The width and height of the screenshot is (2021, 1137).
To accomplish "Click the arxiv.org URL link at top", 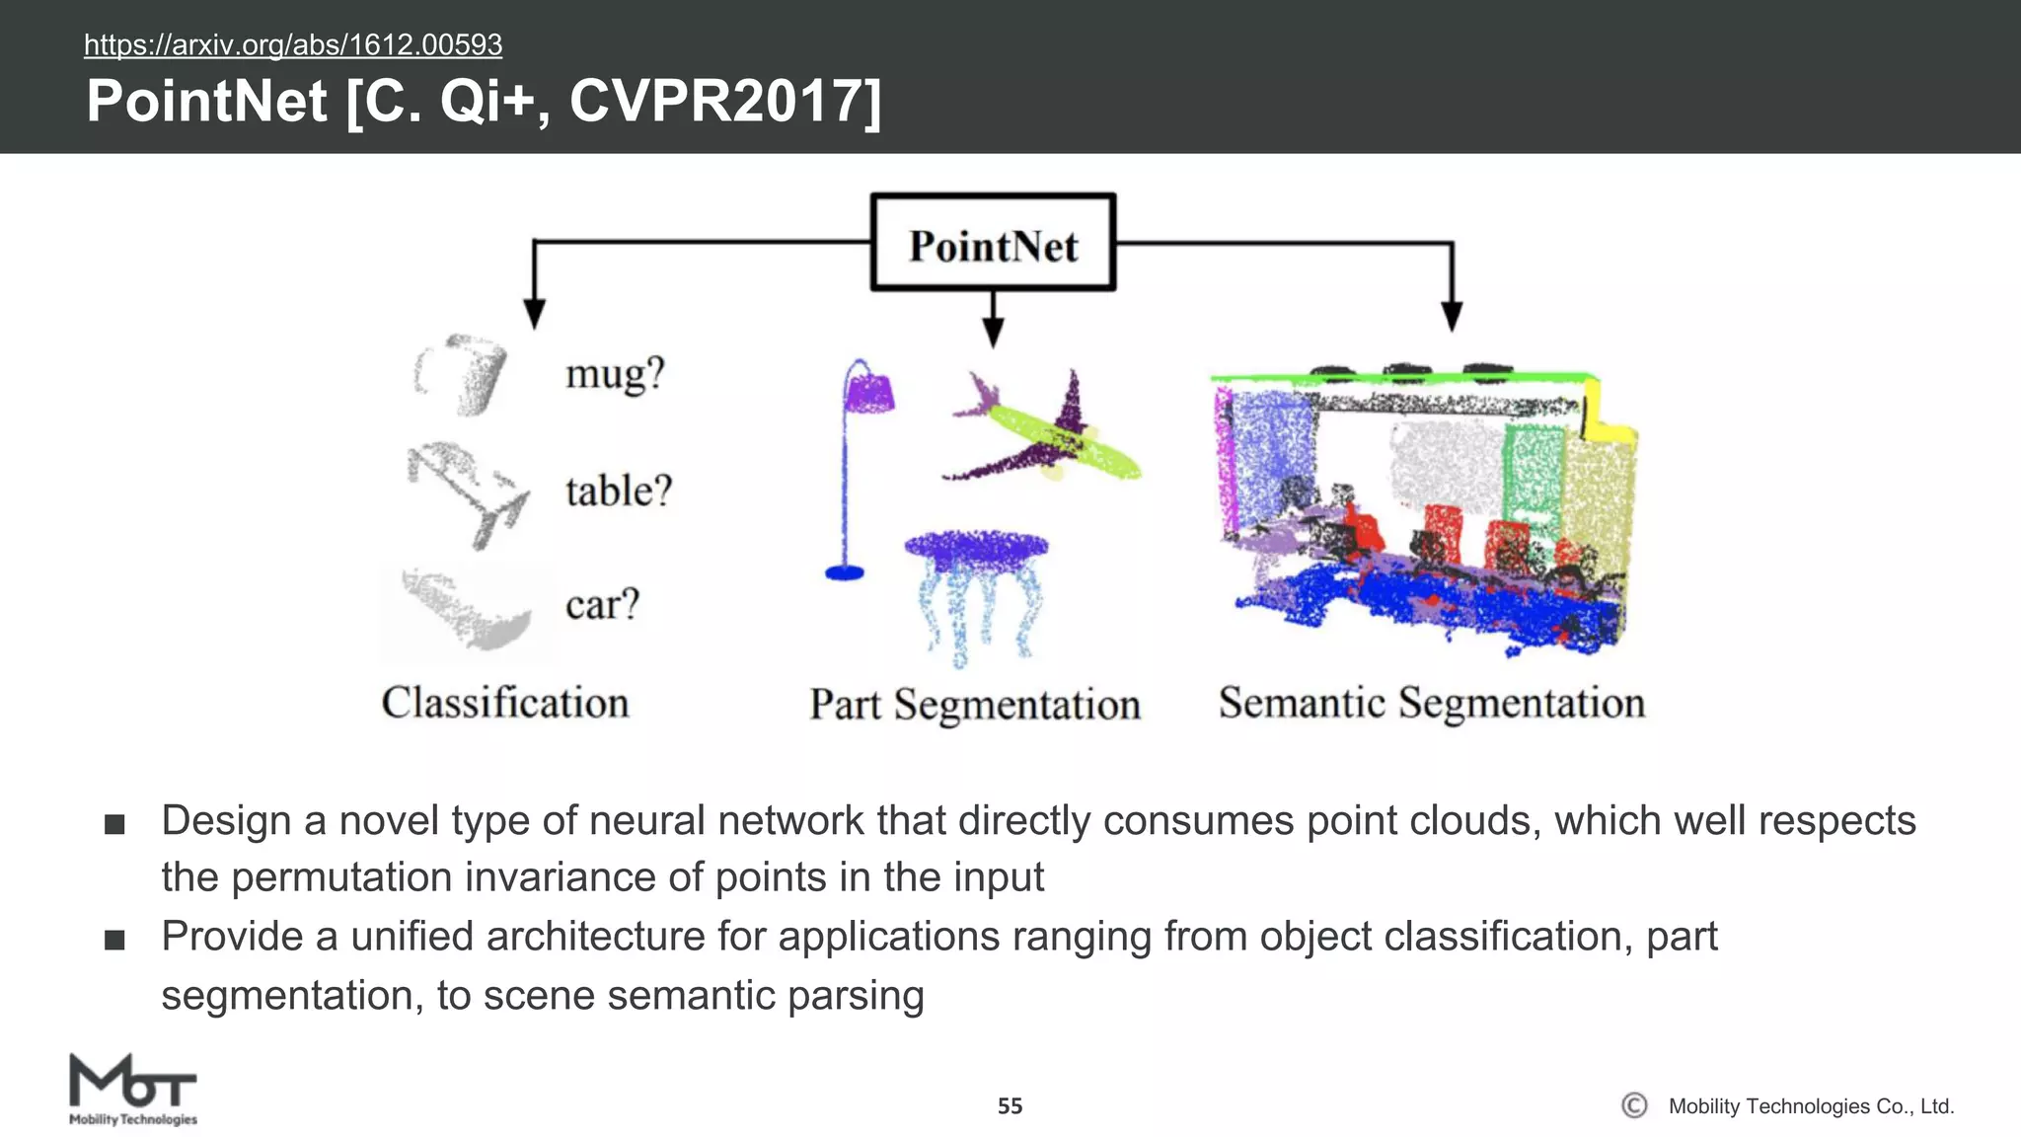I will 293,44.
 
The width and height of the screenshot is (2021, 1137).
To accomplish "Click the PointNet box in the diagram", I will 993,243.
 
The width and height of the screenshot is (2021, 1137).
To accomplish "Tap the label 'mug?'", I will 615,374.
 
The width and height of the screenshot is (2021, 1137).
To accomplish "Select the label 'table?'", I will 619,491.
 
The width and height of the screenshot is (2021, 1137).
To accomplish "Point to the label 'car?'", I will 602,604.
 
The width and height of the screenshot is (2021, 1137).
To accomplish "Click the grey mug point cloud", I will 465,374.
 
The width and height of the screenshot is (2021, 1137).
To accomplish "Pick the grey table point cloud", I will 469,491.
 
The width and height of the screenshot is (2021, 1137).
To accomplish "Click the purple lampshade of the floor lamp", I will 869,392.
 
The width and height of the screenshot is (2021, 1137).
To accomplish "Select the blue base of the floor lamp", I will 844,572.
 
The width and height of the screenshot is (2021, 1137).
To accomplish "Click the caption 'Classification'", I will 504,703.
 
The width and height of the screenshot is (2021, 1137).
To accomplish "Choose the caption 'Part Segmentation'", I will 974,705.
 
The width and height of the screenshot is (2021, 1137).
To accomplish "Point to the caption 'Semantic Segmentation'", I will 1431,703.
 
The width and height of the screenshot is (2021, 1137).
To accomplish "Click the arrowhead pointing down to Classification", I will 534,314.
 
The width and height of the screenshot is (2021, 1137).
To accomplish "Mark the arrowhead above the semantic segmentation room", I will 1452,316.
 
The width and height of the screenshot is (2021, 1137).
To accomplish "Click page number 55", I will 1010,1105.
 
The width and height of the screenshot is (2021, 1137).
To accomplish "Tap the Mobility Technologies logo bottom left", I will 133,1090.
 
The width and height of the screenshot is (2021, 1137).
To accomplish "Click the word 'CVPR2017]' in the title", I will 725,101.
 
